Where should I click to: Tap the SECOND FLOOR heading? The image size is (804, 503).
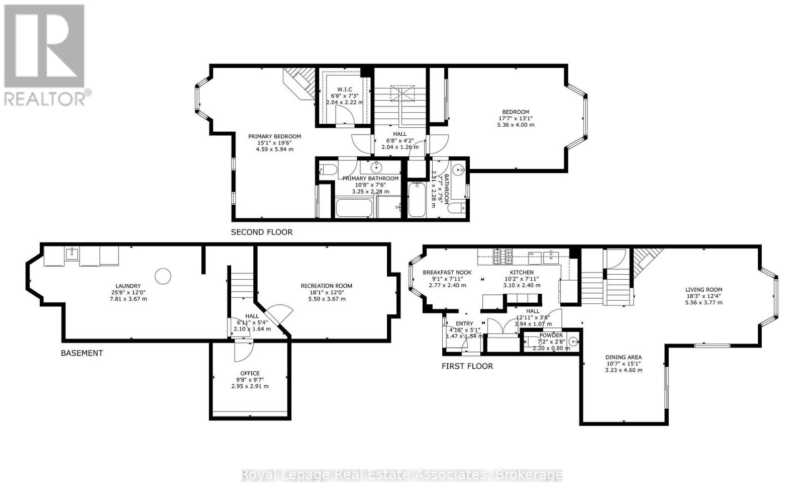261,232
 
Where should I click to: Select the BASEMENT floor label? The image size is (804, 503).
81,353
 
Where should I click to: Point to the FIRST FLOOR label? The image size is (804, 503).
467,366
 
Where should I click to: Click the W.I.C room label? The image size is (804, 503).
344,89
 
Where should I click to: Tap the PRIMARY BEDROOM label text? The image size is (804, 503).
274,136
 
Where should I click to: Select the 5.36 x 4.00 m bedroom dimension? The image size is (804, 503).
515,125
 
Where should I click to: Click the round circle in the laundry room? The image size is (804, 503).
163,276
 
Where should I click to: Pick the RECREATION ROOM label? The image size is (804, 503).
326,286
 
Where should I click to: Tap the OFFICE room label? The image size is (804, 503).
250,373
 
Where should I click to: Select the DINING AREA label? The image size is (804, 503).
624,357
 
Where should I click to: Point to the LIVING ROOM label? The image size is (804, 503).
703,289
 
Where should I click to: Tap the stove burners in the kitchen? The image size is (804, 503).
503,257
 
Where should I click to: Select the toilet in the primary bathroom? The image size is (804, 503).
328,170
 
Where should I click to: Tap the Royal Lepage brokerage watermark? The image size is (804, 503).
402,474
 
